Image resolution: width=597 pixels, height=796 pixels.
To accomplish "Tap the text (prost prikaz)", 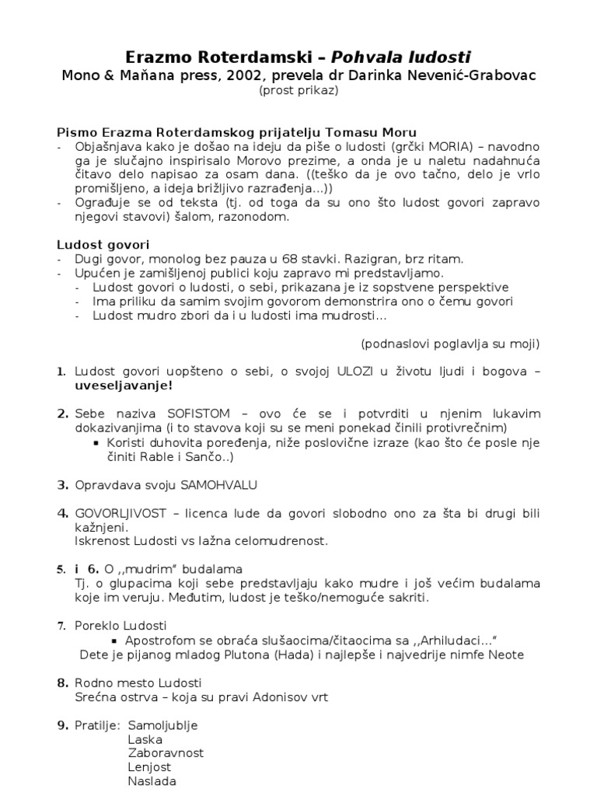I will (x=298, y=90).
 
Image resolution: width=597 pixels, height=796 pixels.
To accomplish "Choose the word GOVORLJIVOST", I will (x=123, y=514).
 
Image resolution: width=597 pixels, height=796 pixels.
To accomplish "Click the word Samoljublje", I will (x=163, y=725).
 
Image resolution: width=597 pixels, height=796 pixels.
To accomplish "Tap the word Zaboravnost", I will (x=166, y=753).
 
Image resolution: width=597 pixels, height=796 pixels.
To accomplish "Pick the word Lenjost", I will (x=149, y=767).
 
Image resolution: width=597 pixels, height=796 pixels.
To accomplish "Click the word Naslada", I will (x=152, y=781).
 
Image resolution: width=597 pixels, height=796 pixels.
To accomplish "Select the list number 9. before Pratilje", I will (x=63, y=725).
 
